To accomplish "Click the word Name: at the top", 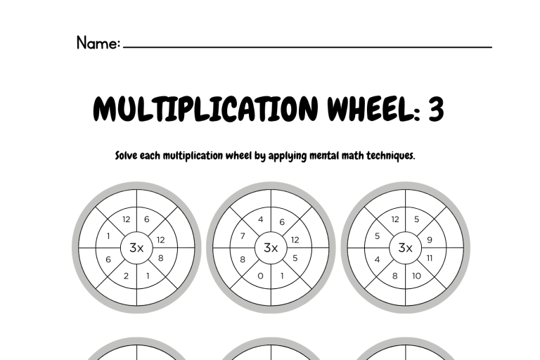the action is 98,43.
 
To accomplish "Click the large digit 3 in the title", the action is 436,108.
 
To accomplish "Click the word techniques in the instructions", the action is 390,156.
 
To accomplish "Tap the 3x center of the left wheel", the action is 136,247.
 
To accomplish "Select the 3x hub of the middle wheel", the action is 271,247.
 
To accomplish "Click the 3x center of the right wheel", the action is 405,247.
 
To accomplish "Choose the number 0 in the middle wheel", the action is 260,276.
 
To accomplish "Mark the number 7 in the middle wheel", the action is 243,236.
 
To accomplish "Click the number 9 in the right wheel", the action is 430,240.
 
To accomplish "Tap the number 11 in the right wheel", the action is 430,258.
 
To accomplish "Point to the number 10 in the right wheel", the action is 416,276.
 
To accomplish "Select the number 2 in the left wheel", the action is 126,276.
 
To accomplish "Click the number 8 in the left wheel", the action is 160,258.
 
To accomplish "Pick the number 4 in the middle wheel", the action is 260,219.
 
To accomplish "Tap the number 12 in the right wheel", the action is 395,219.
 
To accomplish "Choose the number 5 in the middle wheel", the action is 295,258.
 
